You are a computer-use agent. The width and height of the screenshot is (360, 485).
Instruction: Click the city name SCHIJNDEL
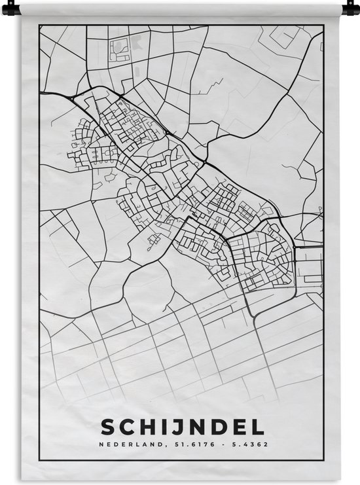click(182, 427)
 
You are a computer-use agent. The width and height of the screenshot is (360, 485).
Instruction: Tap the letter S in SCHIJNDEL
click(107, 427)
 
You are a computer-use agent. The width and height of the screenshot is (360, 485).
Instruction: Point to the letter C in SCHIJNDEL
click(126, 427)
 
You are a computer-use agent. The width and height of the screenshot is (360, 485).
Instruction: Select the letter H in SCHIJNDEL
click(147, 427)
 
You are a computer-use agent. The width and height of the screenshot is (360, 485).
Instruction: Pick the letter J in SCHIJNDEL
click(173, 427)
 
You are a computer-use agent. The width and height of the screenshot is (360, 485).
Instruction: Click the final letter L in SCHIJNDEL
click(253, 427)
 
